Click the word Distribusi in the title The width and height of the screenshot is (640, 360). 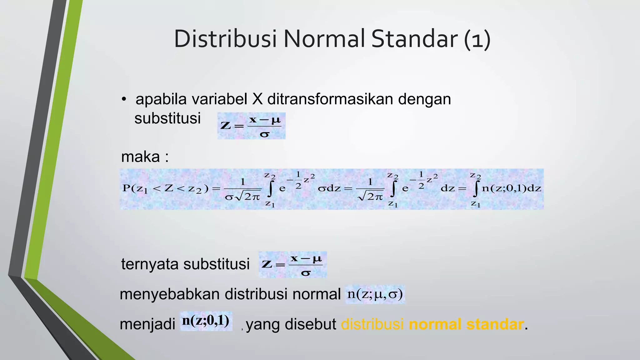click(225, 39)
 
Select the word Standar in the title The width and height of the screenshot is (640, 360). click(414, 39)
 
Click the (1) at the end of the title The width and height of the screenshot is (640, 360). click(477, 39)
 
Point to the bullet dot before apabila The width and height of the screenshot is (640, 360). click(124, 99)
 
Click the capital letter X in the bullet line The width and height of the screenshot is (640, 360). click(257, 99)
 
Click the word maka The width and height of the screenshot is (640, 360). click(141, 157)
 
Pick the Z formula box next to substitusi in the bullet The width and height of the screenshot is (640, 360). click(251, 126)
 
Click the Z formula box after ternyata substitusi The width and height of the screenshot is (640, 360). click(292, 265)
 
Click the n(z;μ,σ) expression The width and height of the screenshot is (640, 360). click(375, 294)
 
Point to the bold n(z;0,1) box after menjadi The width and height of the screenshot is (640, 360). click(206, 321)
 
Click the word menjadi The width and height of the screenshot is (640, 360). click(147, 324)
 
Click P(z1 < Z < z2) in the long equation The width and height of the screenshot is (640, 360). click(165, 188)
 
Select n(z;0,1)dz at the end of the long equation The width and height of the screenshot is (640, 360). click(511, 188)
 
